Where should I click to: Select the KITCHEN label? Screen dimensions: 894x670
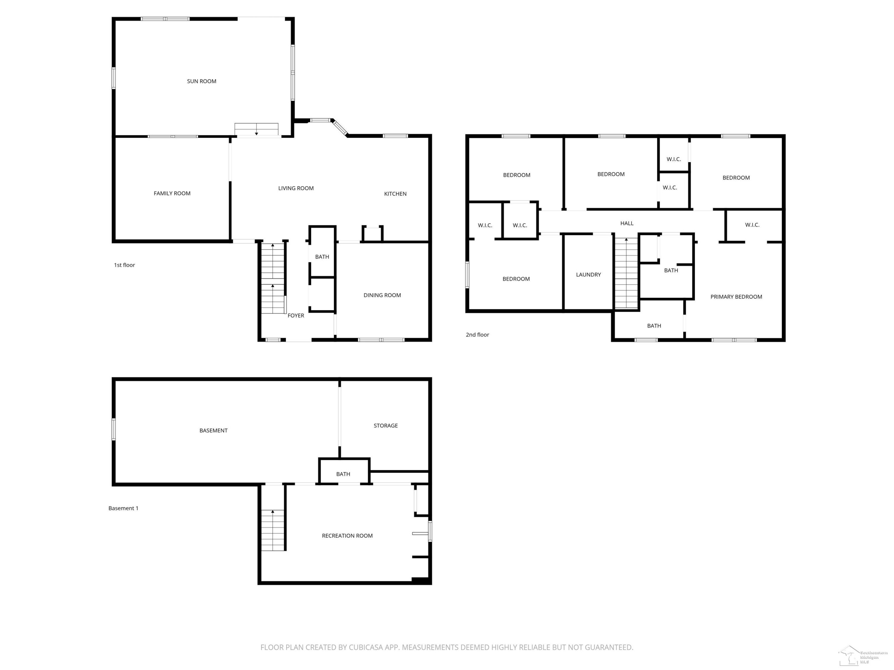395,194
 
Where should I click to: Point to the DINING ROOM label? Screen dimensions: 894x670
382,295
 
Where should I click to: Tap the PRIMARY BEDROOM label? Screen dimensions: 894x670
736,297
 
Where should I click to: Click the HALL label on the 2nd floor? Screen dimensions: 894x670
627,223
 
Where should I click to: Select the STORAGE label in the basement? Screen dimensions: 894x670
386,426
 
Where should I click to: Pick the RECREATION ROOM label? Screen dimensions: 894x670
347,536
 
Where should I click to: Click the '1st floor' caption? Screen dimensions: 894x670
125,265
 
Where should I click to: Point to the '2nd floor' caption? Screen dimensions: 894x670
477,334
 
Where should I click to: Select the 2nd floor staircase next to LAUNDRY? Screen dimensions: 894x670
626,273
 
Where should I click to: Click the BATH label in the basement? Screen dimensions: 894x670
343,474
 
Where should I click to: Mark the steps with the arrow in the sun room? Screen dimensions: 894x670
257,129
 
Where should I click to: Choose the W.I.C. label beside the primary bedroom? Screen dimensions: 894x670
752,225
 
